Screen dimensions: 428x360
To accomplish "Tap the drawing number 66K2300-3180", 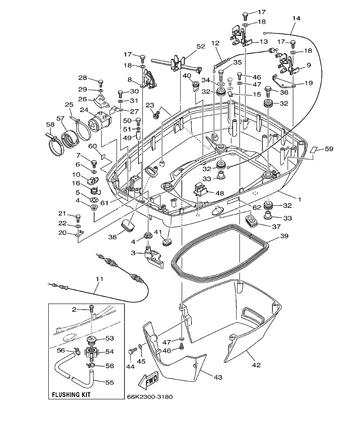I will point(150,397).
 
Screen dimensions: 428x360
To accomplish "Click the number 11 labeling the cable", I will point(99,279).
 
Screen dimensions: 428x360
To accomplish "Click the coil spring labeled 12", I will point(221,65).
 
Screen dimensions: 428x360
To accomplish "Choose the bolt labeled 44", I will point(132,351).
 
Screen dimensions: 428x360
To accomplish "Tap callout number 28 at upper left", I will point(83,78).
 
